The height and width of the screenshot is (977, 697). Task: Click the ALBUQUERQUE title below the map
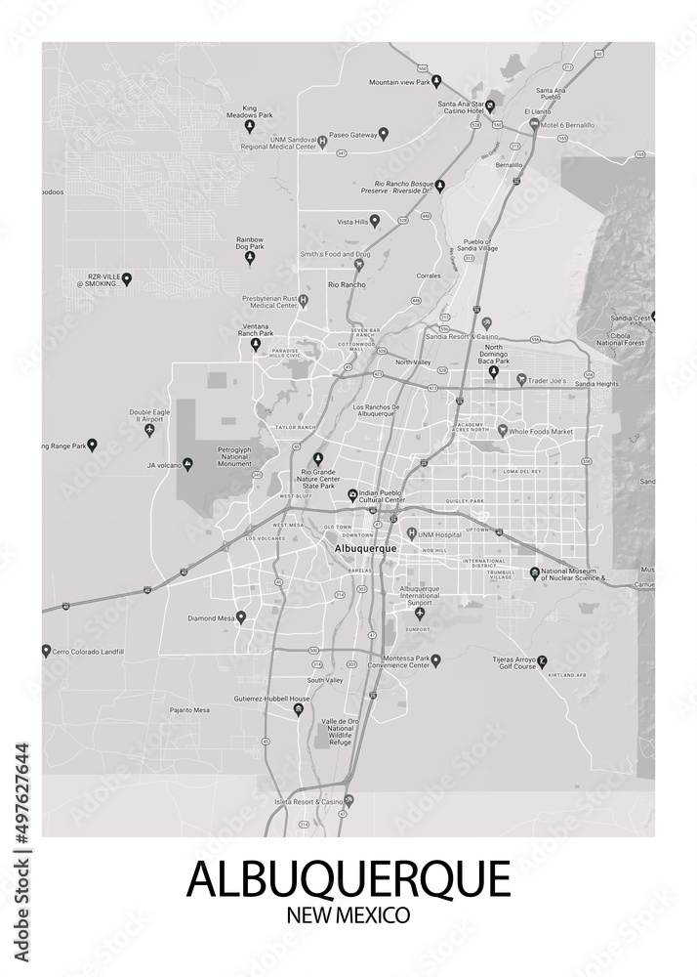tap(348, 878)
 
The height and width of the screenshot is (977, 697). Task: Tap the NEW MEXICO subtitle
tap(348, 915)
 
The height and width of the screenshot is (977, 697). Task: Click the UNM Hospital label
tap(439, 534)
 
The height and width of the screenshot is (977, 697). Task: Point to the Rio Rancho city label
tap(347, 284)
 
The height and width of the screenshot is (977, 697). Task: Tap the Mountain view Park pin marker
tap(436, 81)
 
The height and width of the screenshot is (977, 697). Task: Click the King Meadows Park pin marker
tap(249, 126)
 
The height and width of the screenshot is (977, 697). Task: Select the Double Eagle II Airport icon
tap(149, 430)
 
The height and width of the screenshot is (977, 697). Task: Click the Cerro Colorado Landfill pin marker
tap(46, 650)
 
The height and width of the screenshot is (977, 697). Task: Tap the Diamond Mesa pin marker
tap(241, 617)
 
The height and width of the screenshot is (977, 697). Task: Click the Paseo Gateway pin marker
tap(384, 134)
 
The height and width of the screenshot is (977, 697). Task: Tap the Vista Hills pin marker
tap(375, 222)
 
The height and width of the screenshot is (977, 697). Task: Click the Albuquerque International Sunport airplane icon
tap(420, 614)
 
